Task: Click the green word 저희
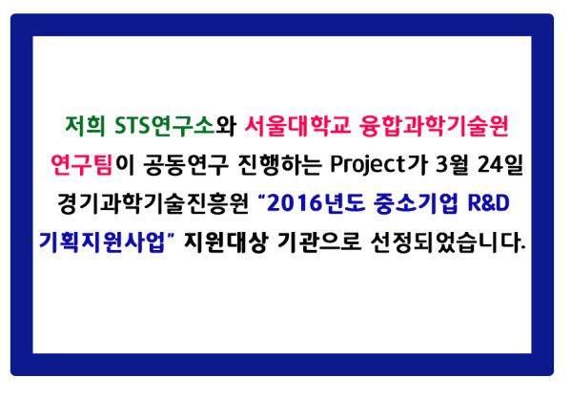[x=85, y=126]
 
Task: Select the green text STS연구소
[x=165, y=126]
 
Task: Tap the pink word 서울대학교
[x=296, y=126]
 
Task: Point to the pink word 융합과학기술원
[x=434, y=126]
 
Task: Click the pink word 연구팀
[x=82, y=165]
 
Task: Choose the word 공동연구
[x=186, y=165]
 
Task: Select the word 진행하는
[x=279, y=165]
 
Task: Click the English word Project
[x=368, y=165]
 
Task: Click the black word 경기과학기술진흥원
[x=153, y=203]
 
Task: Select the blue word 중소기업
[x=416, y=203]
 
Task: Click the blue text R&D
[x=488, y=203]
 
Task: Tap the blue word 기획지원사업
[x=102, y=242]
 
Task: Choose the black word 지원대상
[x=226, y=242]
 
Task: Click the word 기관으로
[x=319, y=242]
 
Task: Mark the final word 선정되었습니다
[x=448, y=242]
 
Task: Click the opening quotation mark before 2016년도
[x=261, y=199]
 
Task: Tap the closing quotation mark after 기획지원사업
[x=172, y=237]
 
